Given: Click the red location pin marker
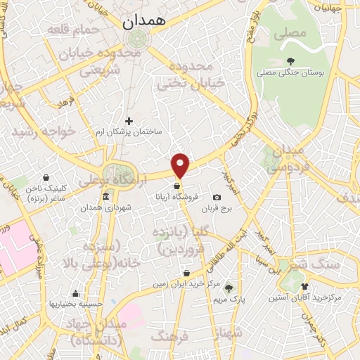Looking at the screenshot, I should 181,164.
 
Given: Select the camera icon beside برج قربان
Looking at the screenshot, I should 217,198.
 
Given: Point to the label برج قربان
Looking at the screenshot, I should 217,209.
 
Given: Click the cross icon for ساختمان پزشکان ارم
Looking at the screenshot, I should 129,121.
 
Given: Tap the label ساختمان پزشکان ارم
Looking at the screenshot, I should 129,132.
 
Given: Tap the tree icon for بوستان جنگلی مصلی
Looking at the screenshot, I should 290,61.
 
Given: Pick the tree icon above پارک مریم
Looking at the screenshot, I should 219,288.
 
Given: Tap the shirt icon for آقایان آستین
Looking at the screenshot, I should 304,286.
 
